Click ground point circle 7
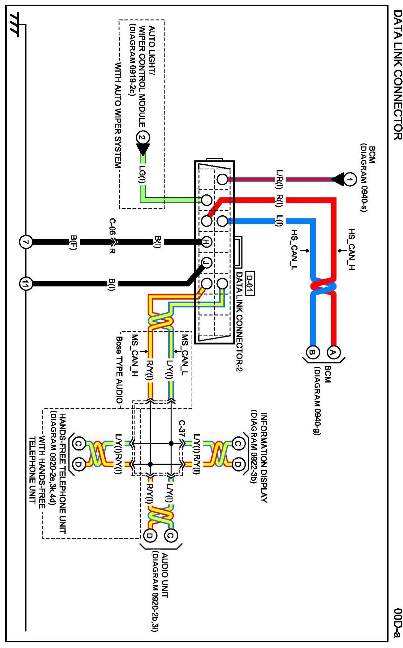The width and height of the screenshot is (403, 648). [26, 242]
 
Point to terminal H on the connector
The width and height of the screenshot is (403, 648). [206, 242]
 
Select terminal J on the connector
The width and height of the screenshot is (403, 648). [206, 263]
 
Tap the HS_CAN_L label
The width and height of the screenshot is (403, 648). [294, 250]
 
